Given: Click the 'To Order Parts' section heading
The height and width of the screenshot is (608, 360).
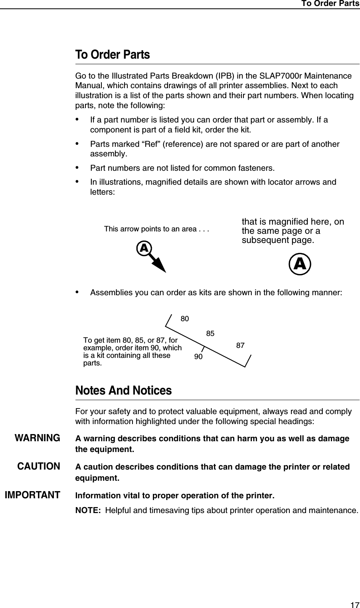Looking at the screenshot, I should point(113,55).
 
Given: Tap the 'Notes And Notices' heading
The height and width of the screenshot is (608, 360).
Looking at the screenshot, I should point(123,390).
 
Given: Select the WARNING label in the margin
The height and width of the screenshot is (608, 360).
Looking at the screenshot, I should point(38,438).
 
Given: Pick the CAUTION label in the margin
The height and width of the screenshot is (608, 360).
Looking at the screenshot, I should point(39,466).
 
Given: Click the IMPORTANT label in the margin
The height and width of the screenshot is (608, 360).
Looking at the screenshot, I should point(32,495).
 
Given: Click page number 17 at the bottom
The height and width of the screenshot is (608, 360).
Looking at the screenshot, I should point(354,605).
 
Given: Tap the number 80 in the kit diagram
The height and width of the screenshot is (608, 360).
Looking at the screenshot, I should point(184,319).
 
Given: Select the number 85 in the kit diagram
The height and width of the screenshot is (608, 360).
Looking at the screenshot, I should point(210,333).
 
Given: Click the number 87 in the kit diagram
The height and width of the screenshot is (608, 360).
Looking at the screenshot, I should point(240,345).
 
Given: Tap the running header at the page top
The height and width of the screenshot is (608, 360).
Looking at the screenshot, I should point(330,4).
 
